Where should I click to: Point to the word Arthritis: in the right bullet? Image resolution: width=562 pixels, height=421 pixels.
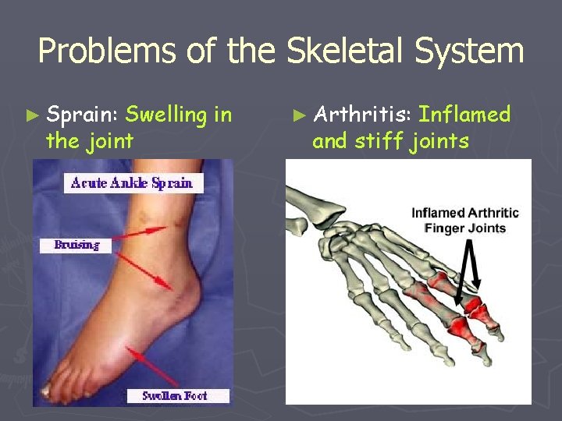pyautogui.click(x=362, y=115)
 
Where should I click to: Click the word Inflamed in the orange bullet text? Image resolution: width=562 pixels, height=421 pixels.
pyautogui.click(x=464, y=115)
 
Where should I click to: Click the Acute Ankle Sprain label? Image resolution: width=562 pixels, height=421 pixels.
pyautogui.click(x=132, y=183)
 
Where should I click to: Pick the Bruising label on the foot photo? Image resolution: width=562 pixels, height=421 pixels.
pyautogui.click(x=76, y=245)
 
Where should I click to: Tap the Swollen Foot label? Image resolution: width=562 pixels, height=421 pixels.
pyautogui.click(x=178, y=395)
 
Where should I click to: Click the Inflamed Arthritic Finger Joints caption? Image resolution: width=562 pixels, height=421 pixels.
pyautogui.click(x=464, y=221)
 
